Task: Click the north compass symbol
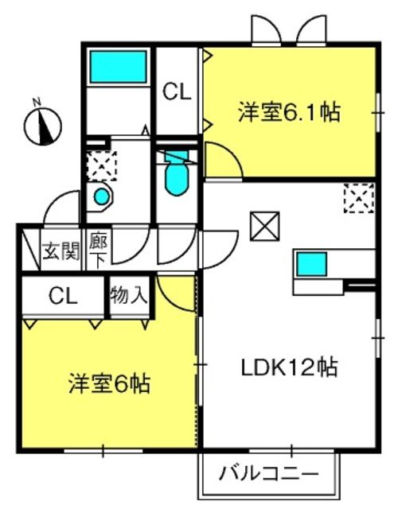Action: (42, 126)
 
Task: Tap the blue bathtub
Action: (119, 66)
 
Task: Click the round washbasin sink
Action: (102, 196)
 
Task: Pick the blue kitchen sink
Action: (311, 264)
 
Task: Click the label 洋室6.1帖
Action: (289, 112)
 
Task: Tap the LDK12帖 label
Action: (289, 367)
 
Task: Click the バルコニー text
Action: (269, 474)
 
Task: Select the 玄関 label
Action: (61, 251)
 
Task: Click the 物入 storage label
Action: (129, 295)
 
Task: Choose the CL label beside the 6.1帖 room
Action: (177, 92)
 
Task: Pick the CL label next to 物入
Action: (63, 296)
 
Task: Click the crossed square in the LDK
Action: (265, 226)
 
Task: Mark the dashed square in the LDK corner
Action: (359, 198)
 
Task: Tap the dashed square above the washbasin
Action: (102, 166)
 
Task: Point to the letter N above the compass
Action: (37, 103)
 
